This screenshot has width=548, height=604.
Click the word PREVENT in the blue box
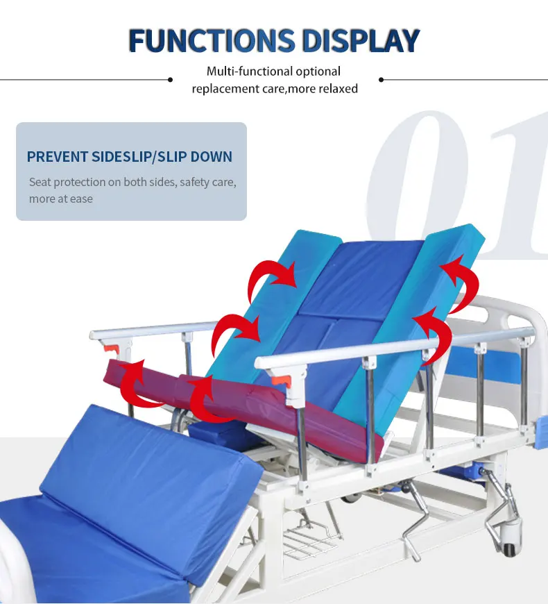[x=58, y=156]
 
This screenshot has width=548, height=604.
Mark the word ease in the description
[x=80, y=199]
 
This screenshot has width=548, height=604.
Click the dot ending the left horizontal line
[x=170, y=80]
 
